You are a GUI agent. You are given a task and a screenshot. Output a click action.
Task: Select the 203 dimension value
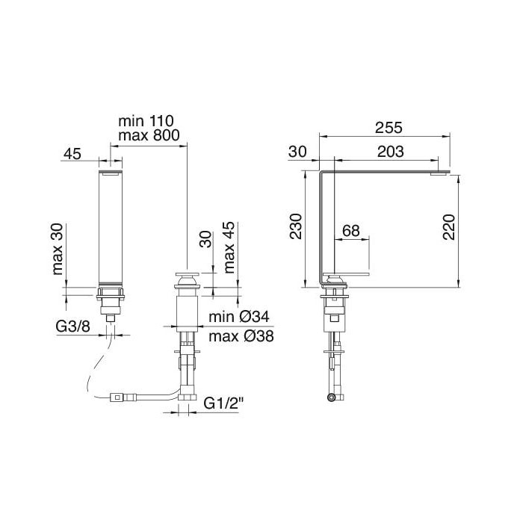pyautogui.click(x=390, y=152)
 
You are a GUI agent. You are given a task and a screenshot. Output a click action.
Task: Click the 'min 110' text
pyautogui.click(x=146, y=120)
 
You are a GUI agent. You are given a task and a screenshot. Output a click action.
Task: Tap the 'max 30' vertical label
pyautogui.click(x=58, y=249)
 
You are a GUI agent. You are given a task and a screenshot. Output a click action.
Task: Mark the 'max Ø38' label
pyautogui.click(x=241, y=336)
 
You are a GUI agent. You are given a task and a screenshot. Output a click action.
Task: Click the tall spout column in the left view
pyautogui.click(x=111, y=228)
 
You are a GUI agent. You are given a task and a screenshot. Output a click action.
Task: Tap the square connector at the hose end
pyautogui.click(x=117, y=397)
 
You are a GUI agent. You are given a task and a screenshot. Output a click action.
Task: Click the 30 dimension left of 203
pyautogui.click(x=297, y=152)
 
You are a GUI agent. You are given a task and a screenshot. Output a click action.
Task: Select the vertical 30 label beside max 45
pyautogui.click(x=207, y=239)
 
